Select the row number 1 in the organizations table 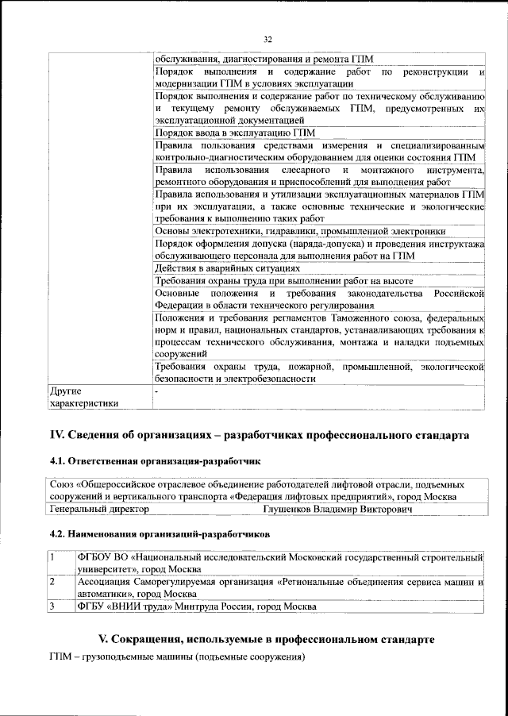pyautogui.click(x=52, y=557)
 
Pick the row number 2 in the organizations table pyautogui.click(x=52, y=582)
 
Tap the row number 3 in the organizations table pyautogui.click(x=52, y=606)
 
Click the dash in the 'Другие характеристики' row pyautogui.click(x=157, y=391)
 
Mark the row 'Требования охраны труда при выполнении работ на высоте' pyautogui.click(x=283, y=281)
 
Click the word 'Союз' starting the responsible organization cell pyautogui.click(x=61, y=484)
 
